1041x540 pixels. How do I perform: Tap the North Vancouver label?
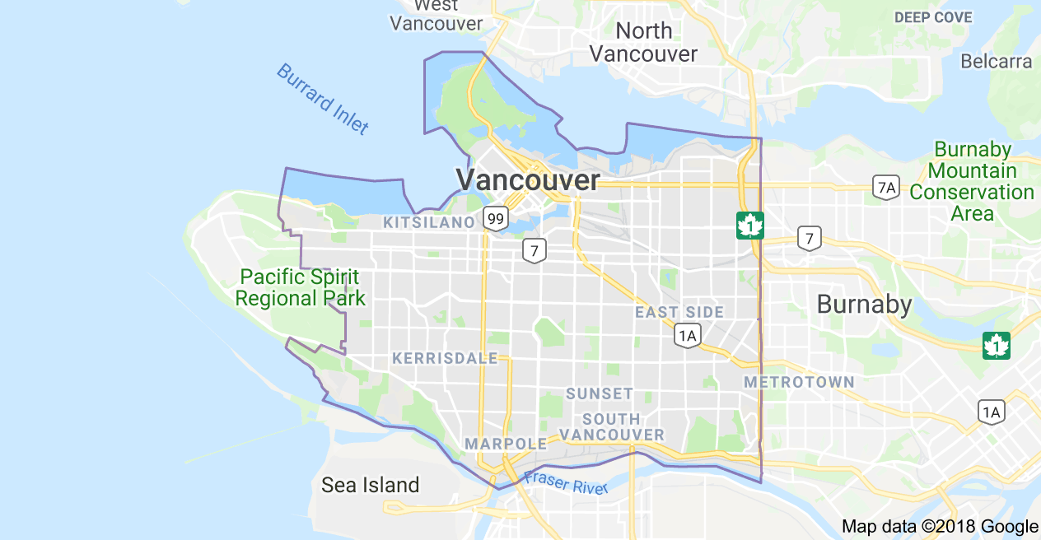tap(644, 43)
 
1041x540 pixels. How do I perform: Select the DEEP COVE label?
tap(933, 17)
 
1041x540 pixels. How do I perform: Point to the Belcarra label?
tap(996, 61)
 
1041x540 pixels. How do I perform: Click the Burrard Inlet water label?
tap(322, 99)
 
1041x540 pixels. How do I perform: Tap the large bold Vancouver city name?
tap(528, 180)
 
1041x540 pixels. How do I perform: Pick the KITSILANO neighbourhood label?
tap(428, 222)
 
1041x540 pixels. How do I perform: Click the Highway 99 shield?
tap(495, 219)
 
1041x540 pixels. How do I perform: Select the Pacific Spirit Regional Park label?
tap(300, 287)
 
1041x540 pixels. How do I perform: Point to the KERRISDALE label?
tap(445, 358)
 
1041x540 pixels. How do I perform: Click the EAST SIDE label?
tap(679, 312)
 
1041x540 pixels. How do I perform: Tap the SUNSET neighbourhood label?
tap(600, 393)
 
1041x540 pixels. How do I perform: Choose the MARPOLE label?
tap(506, 444)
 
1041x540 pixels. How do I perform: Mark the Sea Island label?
tap(370, 485)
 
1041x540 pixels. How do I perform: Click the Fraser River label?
tap(566, 482)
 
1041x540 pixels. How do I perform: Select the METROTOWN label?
tap(799, 382)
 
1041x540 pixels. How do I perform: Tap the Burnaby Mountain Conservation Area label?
tap(972, 181)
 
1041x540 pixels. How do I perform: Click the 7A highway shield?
tap(886, 187)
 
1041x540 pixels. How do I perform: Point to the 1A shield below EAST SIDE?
tap(687, 335)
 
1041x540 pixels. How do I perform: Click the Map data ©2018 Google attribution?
tap(940, 527)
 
